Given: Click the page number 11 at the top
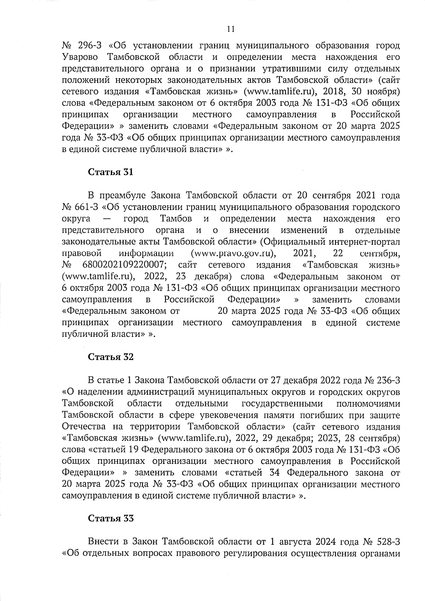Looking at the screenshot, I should [x=230, y=29].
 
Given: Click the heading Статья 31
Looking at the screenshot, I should [x=110, y=172].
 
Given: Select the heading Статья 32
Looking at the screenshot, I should [x=110, y=357].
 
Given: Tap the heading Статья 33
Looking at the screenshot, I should [x=110, y=518].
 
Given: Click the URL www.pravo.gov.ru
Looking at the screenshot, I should [x=234, y=254].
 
